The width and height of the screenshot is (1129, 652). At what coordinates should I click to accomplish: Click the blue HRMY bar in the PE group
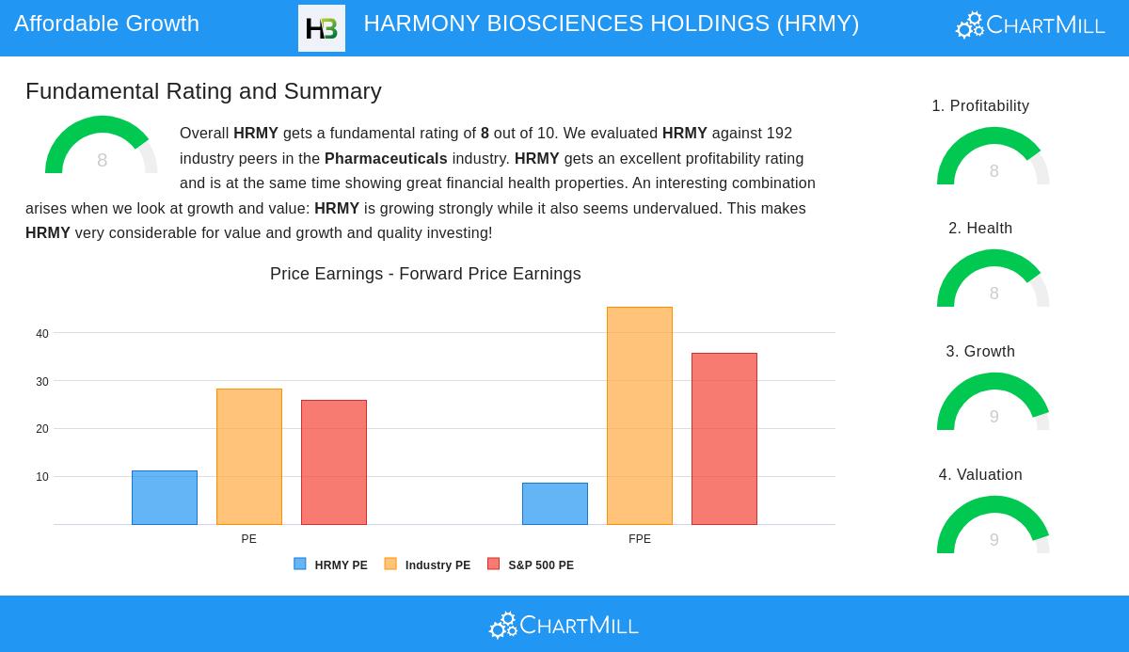pyautogui.click(x=165, y=498)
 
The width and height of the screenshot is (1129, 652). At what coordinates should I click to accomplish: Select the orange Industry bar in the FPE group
pyautogui.click(x=640, y=416)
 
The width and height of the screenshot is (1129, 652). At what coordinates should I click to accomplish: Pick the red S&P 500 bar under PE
pyautogui.click(x=334, y=462)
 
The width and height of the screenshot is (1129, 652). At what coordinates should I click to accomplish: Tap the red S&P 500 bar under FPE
pyautogui.click(x=724, y=438)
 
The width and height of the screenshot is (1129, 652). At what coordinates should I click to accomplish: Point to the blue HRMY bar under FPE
pyautogui.click(x=555, y=504)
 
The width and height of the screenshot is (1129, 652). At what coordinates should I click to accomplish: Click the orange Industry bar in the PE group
pyautogui.click(x=249, y=456)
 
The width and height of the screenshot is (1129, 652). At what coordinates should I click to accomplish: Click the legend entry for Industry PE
pyautogui.click(x=428, y=565)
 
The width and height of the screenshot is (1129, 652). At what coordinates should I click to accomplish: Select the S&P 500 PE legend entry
pyautogui.click(x=532, y=565)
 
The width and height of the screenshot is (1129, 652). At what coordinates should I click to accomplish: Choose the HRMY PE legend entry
pyautogui.click(x=331, y=565)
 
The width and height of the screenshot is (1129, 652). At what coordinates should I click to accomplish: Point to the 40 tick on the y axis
pyautogui.click(x=42, y=334)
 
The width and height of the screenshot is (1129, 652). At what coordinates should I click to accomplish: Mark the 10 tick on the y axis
pyautogui.click(x=42, y=477)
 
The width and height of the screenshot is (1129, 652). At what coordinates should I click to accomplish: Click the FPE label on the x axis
pyautogui.click(x=640, y=539)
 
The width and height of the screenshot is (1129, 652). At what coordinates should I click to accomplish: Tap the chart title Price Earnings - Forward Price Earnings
pyautogui.click(x=425, y=274)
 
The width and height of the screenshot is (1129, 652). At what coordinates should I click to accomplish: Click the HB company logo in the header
pyautogui.click(x=322, y=28)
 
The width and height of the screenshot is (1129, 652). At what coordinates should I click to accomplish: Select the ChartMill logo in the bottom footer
pyautogui.click(x=564, y=625)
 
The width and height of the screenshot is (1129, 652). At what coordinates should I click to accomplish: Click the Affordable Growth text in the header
pyautogui.click(x=106, y=24)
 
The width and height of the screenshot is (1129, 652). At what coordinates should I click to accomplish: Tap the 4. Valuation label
pyautogui.click(x=980, y=475)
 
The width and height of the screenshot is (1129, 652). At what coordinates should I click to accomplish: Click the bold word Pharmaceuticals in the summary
pyautogui.click(x=386, y=158)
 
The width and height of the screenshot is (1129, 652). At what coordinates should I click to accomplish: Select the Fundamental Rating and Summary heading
pyautogui.click(x=203, y=91)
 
